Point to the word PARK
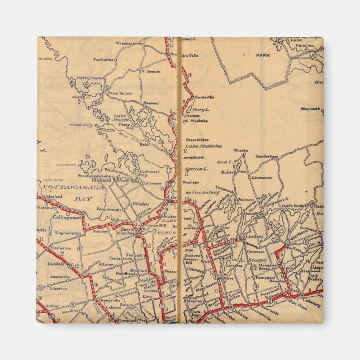coord(263,56)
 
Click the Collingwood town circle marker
coord(83,214)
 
